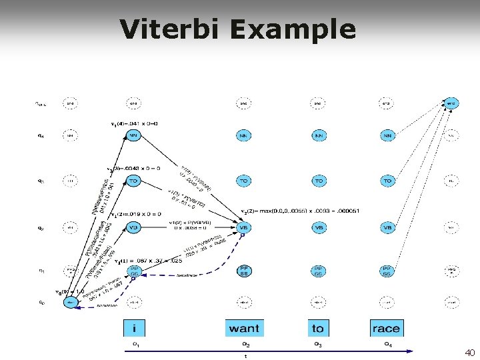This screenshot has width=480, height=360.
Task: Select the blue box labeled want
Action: (x=244, y=327)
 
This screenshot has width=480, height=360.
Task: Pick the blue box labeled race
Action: (x=387, y=327)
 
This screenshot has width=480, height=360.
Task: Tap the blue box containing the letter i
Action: (x=135, y=327)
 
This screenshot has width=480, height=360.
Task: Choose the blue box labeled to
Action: (x=318, y=327)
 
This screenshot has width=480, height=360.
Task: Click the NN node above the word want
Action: (x=244, y=135)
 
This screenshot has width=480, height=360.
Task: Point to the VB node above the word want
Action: (x=244, y=227)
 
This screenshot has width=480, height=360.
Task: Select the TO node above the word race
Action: (x=387, y=181)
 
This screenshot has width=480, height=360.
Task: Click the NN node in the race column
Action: (x=387, y=135)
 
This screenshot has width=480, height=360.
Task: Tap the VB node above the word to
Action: (x=319, y=227)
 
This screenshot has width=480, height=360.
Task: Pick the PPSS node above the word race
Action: (x=387, y=272)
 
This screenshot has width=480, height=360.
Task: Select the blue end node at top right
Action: (x=451, y=103)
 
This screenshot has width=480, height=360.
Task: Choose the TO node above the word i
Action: (x=134, y=181)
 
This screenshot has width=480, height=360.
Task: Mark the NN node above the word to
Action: (x=319, y=135)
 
